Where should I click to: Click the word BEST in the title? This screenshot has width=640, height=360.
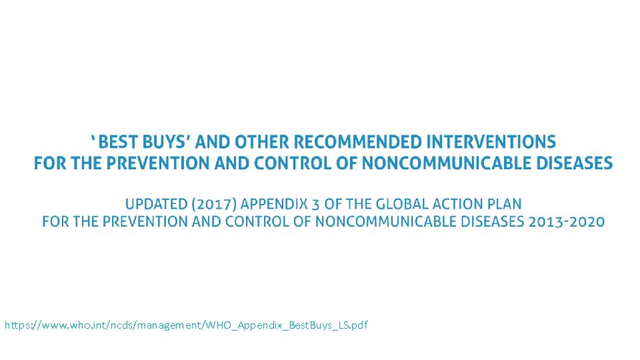click(122, 142)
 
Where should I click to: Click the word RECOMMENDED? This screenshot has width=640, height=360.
click(357, 142)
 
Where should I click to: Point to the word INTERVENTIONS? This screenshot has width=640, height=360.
click(491, 142)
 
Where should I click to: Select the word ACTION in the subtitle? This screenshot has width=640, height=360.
click(459, 204)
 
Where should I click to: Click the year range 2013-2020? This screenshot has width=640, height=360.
click(567, 221)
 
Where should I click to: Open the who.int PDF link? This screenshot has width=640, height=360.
click(186, 325)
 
